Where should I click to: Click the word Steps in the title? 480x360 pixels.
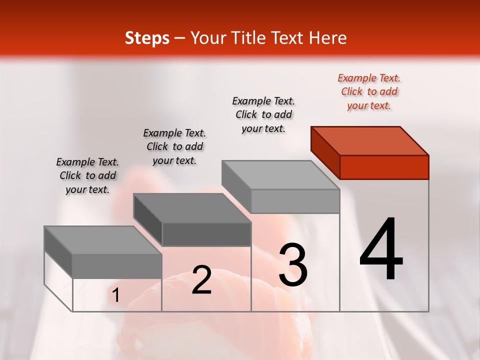pyautogui.click(x=147, y=38)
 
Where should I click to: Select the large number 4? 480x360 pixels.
pyautogui.click(x=381, y=250)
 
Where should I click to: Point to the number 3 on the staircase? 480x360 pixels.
pyautogui.click(x=293, y=265)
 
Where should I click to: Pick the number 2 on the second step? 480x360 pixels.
pyautogui.click(x=202, y=280)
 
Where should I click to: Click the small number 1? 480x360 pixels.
pyautogui.click(x=116, y=295)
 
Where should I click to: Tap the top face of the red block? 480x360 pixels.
pyautogui.click(x=370, y=140)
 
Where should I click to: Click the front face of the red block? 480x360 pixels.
pyautogui.click(x=384, y=167)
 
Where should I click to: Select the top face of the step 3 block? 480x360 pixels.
pyautogui.click(x=280, y=175)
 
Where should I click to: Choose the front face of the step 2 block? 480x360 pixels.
pyautogui.click(x=206, y=234)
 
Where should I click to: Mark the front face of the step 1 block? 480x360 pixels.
pyautogui.click(x=117, y=265)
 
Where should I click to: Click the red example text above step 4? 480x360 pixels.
pyautogui.click(x=369, y=91)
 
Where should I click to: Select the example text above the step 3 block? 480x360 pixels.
pyautogui.click(x=264, y=114)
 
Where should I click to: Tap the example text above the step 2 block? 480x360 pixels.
pyautogui.click(x=174, y=146)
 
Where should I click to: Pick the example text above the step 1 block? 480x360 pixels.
pyautogui.click(x=87, y=175)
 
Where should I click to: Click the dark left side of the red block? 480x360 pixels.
pyautogui.click(x=325, y=152)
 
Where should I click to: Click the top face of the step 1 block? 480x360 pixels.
pyautogui.click(x=102, y=240)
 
